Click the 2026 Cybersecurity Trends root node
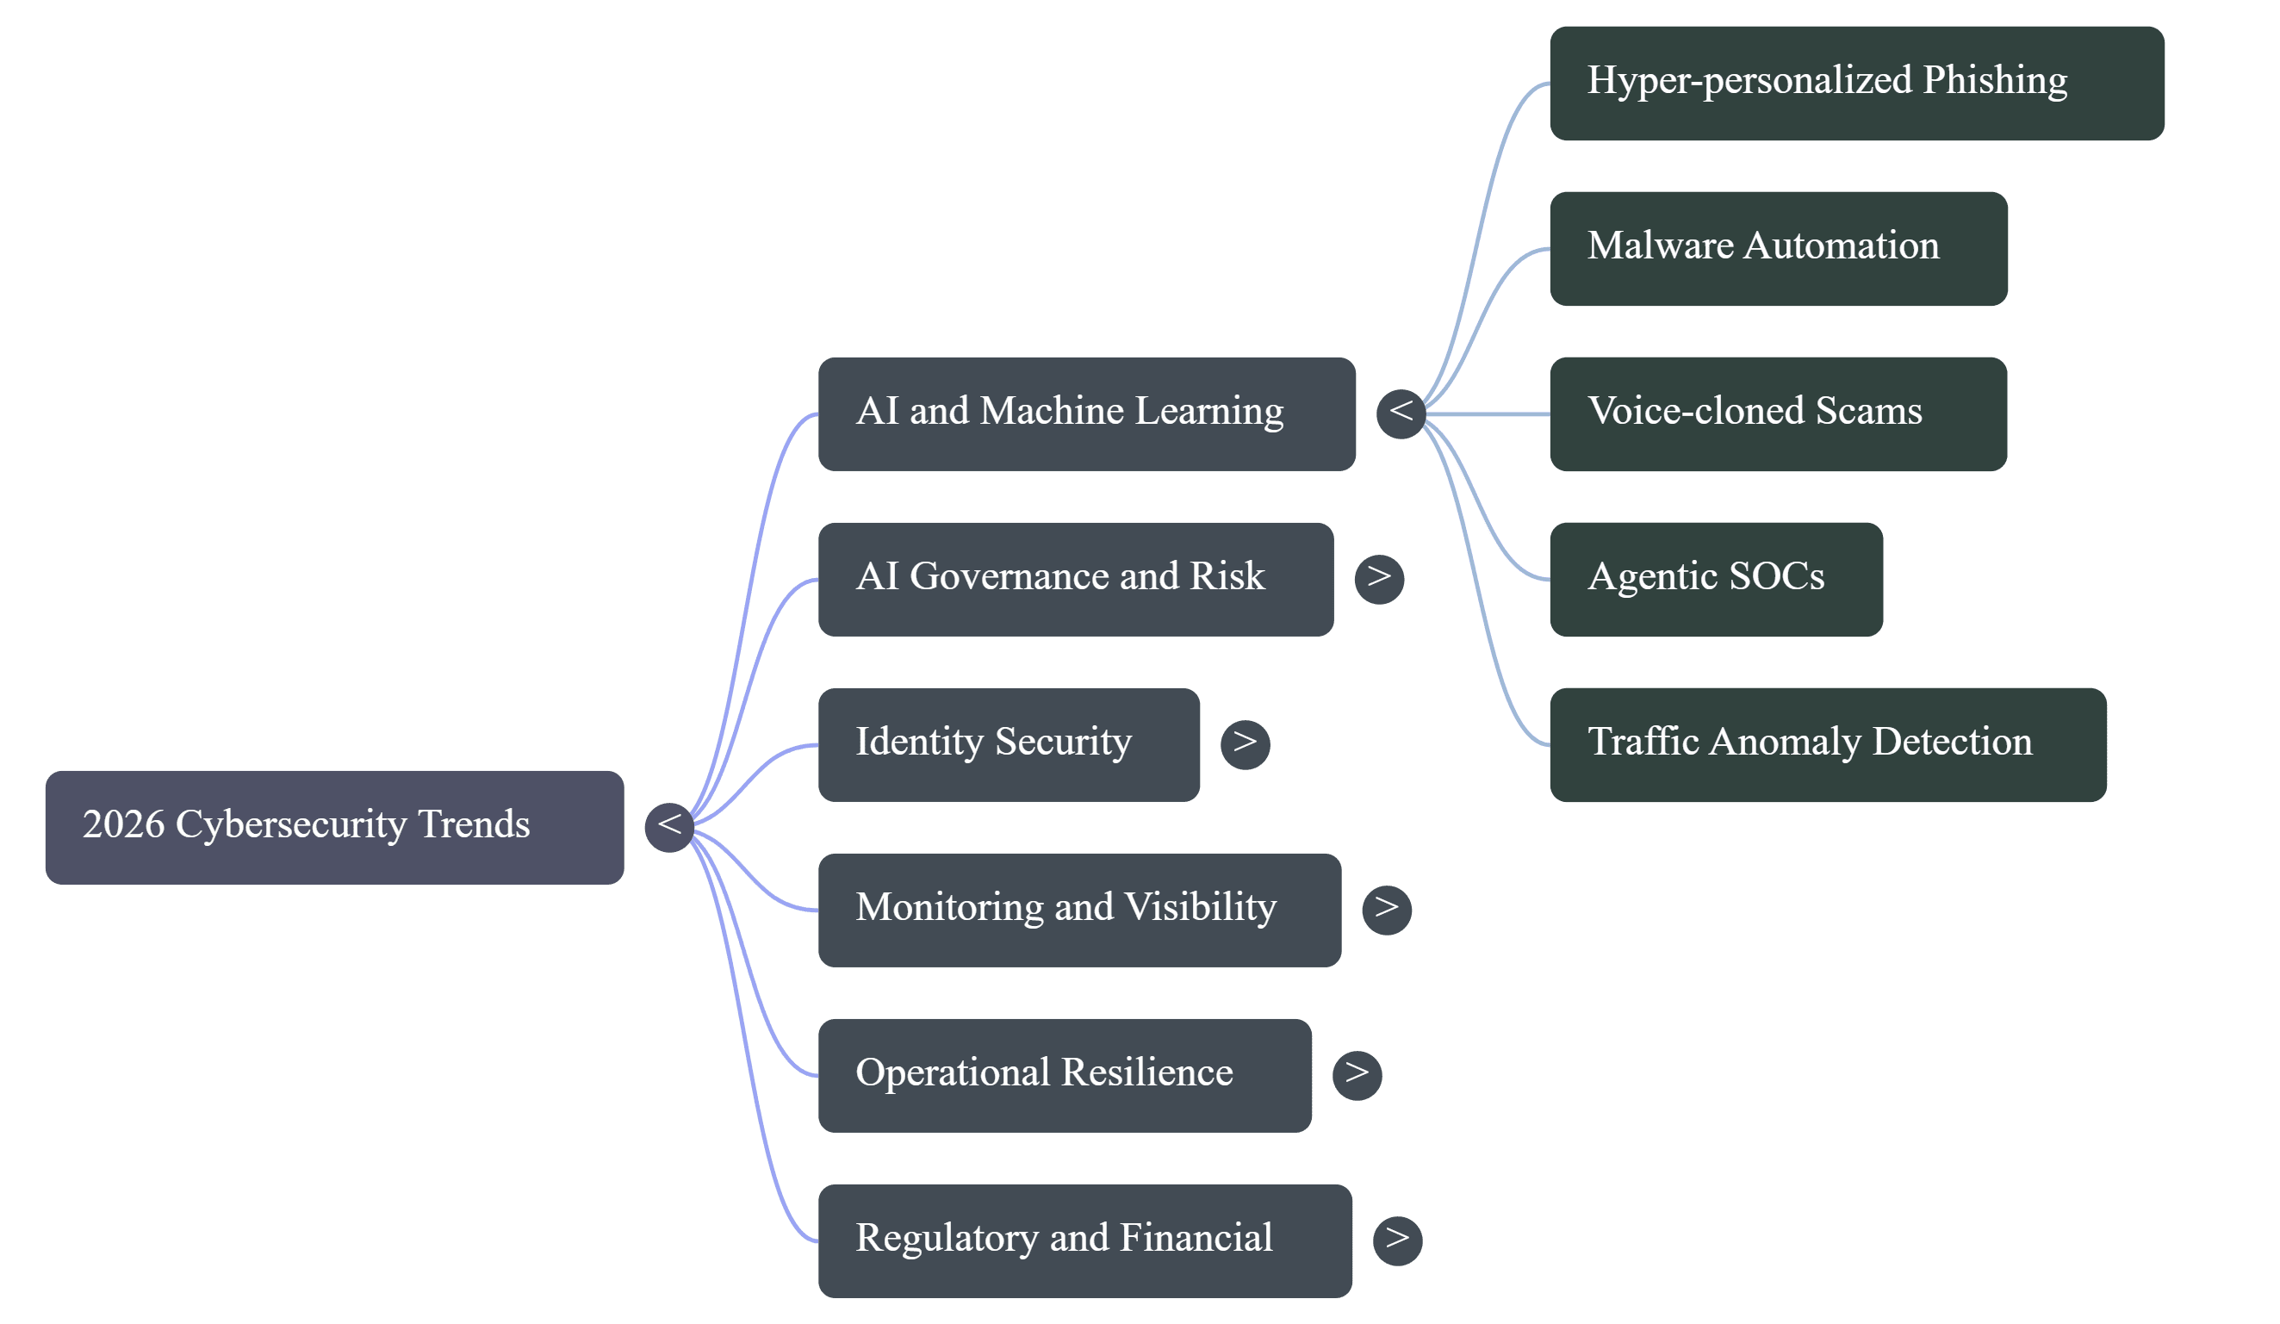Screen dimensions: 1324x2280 click(334, 827)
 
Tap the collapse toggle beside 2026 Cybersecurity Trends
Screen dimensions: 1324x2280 click(669, 826)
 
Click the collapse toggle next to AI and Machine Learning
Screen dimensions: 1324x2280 click(1401, 413)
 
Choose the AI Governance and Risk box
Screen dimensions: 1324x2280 click(1076, 579)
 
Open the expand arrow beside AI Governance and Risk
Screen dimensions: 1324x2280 click(1379, 579)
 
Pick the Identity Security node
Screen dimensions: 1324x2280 click(1009, 744)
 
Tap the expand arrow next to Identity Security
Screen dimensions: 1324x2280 click(1245, 744)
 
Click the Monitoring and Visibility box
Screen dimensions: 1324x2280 click(1079, 910)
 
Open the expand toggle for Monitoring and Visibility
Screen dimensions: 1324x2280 click(1386, 910)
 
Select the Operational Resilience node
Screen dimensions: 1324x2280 click(1065, 1075)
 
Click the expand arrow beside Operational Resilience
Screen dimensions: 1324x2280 click(1357, 1075)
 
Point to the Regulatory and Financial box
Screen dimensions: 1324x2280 click(1084, 1240)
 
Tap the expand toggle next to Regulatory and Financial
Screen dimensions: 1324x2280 click(1397, 1240)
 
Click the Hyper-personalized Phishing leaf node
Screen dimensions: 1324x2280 click(1856, 84)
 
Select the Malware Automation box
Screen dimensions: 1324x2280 click(1778, 249)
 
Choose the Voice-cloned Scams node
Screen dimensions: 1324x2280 click(1778, 413)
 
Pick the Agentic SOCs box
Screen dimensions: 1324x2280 click(1716, 579)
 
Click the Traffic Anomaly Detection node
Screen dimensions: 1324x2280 click(1828, 744)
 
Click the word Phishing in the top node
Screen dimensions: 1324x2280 click(1994, 82)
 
